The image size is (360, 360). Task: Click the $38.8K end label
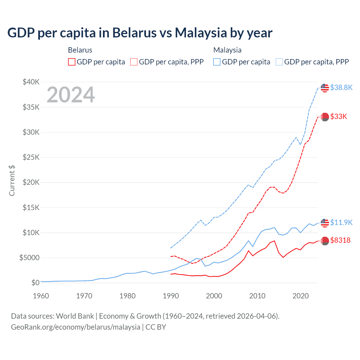[341, 87]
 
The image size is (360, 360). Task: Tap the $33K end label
[339, 116]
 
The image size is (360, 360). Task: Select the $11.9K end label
[341, 222]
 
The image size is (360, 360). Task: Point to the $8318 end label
[340, 240]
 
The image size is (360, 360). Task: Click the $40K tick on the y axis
[31, 82]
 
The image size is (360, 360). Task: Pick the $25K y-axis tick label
[31, 157]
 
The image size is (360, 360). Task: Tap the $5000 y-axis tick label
[29, 258]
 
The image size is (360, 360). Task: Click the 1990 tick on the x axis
[171, 296]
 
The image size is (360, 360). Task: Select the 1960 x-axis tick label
[41, 296]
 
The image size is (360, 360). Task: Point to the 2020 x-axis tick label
[301, 296]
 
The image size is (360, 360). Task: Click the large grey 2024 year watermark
[71, 95]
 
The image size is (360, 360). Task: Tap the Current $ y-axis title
[12, 181]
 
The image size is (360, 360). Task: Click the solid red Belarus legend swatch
[72, 62]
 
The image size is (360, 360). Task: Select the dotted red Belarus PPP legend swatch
[134, 62]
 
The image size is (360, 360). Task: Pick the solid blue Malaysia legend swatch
[217, 62]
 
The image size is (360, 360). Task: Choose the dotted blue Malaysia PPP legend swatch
[279, 62]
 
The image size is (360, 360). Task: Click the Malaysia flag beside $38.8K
[325, 88]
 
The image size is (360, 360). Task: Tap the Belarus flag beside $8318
[325, 241]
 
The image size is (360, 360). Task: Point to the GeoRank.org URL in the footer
[75, 327]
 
